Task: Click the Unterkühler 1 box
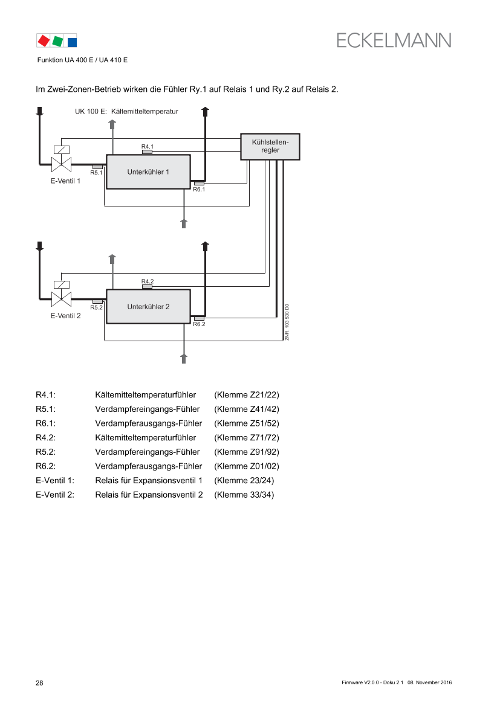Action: point(148,172)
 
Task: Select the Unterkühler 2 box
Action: point(148,307)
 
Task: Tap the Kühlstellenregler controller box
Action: point(270,146)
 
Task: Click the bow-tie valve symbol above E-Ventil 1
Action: point(62,164)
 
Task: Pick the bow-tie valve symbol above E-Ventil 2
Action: point(62,299)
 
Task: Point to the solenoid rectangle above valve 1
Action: point(62,150)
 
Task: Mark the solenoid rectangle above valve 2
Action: point(62,284)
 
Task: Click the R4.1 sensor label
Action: point(148,147)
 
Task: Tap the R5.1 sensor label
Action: point(97,173)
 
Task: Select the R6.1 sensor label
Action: point(199,189)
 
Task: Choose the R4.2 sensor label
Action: point(148,281)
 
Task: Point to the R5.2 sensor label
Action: point(97,307)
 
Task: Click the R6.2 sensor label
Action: point(199,324)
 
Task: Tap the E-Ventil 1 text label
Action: point(65,181)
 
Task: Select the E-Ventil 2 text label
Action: point(65,315)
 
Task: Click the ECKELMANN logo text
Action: point(394,40)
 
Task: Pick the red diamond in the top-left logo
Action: point(44,41)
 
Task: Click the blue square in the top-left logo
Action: point(72,42)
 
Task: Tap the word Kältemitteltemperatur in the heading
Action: point(144,112)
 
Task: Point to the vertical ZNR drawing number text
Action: point(287,322)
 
